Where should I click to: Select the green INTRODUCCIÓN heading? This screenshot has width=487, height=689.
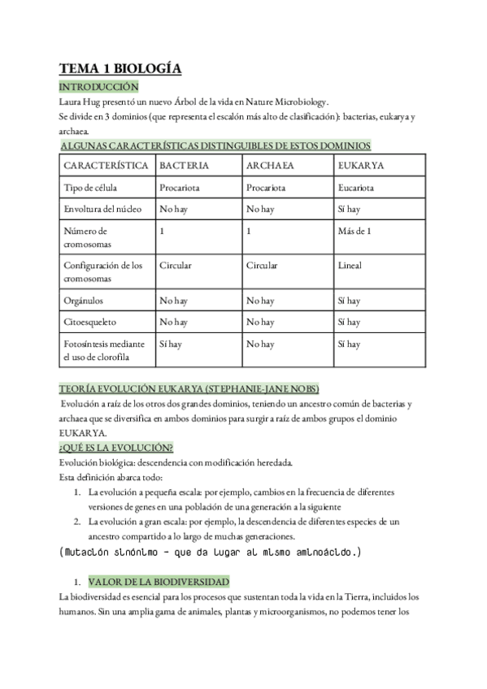click(100, 87)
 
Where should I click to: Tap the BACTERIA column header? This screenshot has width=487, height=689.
click(184, 165)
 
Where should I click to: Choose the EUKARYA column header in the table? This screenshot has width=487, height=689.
click(360, 165)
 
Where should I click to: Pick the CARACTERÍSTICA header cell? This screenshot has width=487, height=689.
click(105, 165)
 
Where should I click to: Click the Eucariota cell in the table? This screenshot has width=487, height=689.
click(355, 188)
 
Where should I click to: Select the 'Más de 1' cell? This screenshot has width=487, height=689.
click(354, 232)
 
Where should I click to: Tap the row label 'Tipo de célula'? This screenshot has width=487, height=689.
click(91, 188)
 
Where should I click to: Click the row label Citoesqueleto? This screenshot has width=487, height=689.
click(89, 323)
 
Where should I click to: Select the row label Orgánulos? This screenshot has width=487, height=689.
click(84, 301)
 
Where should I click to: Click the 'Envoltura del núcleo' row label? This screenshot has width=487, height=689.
click(102, 210)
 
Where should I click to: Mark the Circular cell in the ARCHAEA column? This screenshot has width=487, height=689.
click(262, 266)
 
